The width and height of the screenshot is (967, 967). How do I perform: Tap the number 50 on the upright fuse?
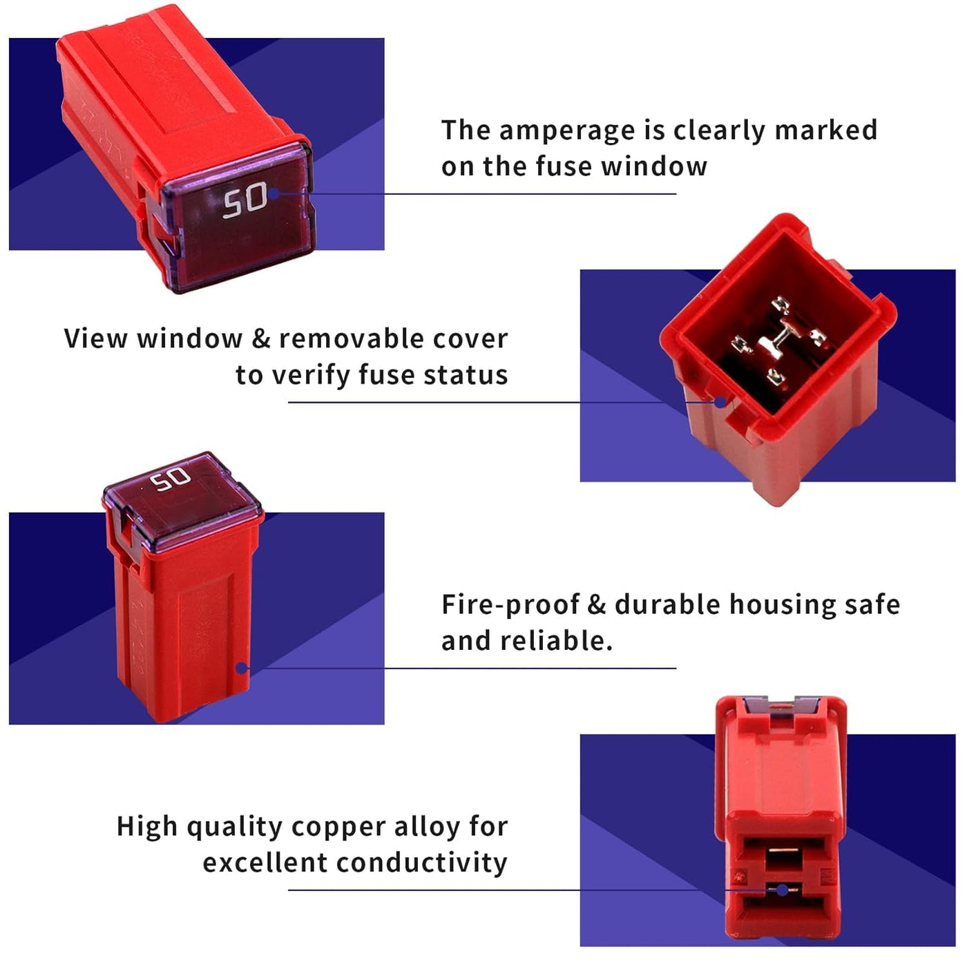click(171, 479)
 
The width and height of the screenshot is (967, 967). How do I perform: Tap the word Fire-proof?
click(510, 605)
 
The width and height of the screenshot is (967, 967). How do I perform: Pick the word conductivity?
click(421, 863)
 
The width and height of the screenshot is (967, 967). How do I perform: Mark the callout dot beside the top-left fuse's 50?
click(274, 193)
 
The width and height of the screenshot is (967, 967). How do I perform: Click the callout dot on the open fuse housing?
click(720, 401)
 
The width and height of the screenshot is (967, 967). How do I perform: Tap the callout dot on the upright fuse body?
click(242, 668)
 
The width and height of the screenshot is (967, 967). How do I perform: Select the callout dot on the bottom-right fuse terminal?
click(782, 890)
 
